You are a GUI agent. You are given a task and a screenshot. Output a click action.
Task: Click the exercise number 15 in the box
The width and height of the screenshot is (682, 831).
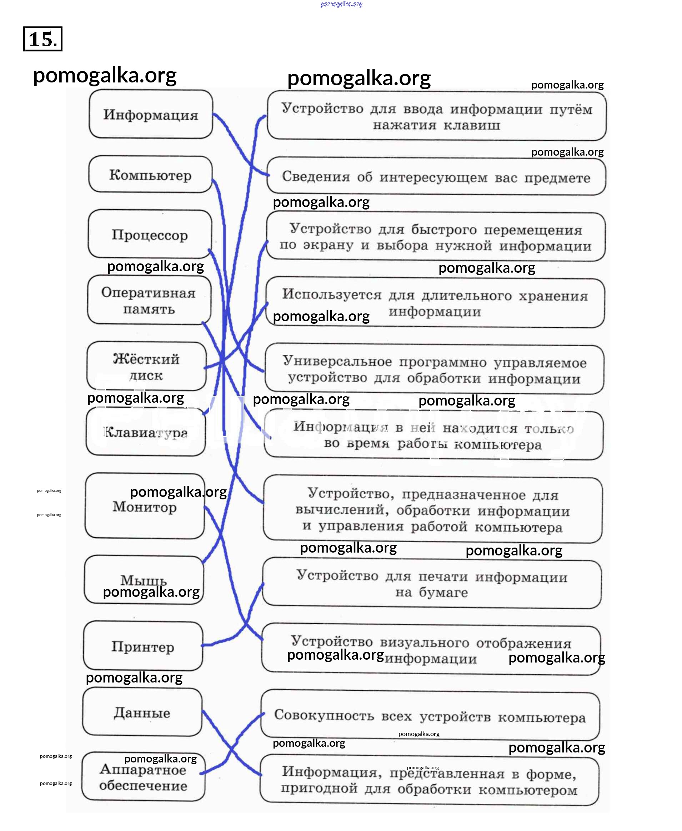coord(42,39)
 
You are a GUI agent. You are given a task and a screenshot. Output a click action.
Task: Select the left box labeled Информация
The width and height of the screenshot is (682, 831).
coord(150,114)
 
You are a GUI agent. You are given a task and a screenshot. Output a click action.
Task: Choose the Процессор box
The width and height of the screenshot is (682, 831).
coord(150,235)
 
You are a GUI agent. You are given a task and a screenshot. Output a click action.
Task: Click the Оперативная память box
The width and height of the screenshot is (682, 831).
coord(149,301)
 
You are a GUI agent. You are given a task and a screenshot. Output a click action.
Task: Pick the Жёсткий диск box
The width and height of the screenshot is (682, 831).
coord(146,366)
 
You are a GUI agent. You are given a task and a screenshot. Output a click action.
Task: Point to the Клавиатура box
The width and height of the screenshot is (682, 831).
coord(145,432)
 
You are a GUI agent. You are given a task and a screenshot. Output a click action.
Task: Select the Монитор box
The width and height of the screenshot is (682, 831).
coord(145,507)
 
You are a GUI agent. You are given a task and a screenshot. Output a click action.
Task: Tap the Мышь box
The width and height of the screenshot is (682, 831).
coord(144,580)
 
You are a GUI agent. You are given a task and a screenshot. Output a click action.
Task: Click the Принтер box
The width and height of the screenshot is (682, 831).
coord(142,646)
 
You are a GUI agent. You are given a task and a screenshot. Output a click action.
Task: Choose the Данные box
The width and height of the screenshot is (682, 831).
coord(142,712)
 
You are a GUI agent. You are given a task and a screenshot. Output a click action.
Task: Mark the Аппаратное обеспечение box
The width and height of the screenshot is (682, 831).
coord(143,777)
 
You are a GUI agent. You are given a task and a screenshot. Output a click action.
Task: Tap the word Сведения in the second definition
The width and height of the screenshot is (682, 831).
coord(316,177)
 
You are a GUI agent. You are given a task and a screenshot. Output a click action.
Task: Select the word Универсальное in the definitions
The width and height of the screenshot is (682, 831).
coord(337,361)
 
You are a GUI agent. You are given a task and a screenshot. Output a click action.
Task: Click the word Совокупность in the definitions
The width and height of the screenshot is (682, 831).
coord(324,715)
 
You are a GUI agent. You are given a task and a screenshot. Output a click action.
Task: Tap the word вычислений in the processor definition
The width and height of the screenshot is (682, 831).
coord(342,510)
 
